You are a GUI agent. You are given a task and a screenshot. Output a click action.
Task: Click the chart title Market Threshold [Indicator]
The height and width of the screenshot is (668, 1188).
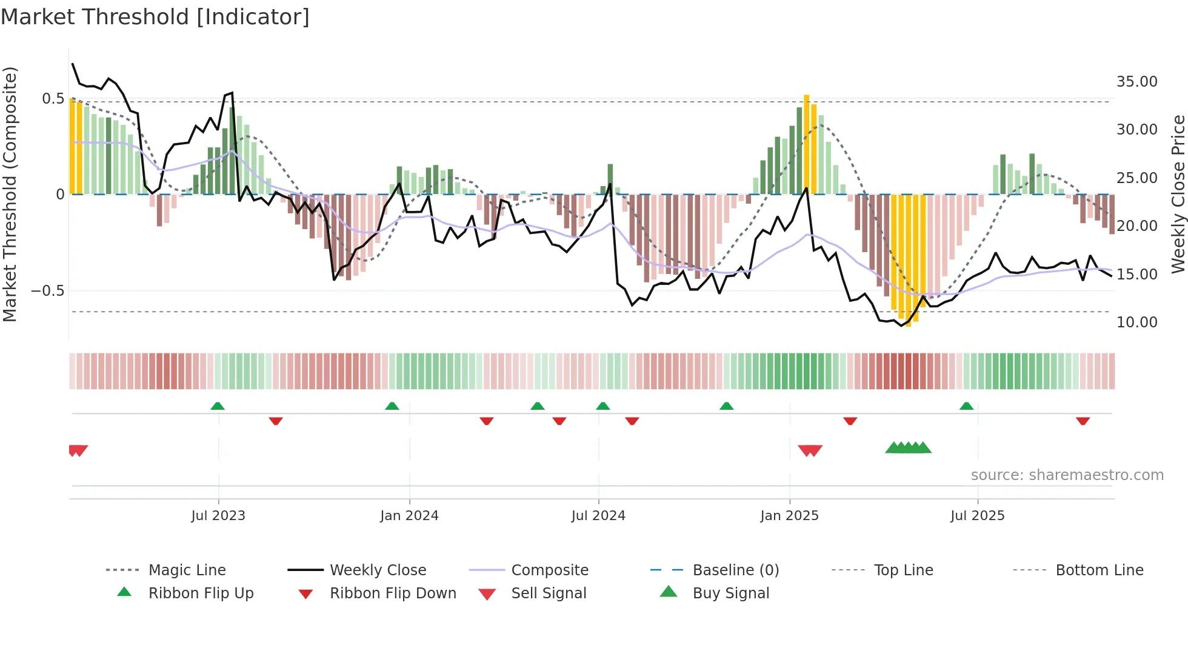pyautogui.click(x=155, y=17)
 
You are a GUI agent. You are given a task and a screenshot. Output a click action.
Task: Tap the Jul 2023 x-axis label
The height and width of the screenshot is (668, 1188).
pyautogui.click(x=218, y=516)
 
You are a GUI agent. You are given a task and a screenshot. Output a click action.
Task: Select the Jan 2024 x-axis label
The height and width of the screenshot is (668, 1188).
pyautogui.click(x=409, y=516)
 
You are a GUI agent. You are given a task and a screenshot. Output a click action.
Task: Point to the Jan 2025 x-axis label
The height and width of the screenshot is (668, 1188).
pyautogui.click(x=789, y=516)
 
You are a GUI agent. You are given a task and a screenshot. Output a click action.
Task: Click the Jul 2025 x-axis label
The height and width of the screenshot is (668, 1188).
pyautogui.click(x=977, y=516)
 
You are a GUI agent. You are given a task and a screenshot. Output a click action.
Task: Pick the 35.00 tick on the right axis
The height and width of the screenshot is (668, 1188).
pyautogui.click(x=1136, y=82)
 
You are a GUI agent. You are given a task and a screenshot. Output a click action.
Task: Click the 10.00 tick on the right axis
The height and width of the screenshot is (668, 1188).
pyautogui.click(x=1136, y=322)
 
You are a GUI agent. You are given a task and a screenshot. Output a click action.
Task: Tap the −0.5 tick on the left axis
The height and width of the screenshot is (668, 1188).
pyautogui.click(x=48, y=291)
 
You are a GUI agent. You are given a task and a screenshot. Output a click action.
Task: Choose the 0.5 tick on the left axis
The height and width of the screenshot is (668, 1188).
pyautogui.click(x=53, y=99)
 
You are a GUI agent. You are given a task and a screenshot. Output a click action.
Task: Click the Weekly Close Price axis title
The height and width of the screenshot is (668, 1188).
pyautogui.click(x=1178, y=194)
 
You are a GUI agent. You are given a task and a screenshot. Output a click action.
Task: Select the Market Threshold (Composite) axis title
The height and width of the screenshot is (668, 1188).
pyautogui.click(x=10, y=194)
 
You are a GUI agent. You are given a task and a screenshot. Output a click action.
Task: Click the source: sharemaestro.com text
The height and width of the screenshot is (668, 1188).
pyautogui.click(x=1067, y=475)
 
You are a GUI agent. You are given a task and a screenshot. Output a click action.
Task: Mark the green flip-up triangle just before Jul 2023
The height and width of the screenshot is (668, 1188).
pyautogui.click(x=218, y=406)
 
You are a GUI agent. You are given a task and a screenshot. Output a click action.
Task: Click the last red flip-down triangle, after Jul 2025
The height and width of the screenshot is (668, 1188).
pyautogui.click(x=1083, y=421)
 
